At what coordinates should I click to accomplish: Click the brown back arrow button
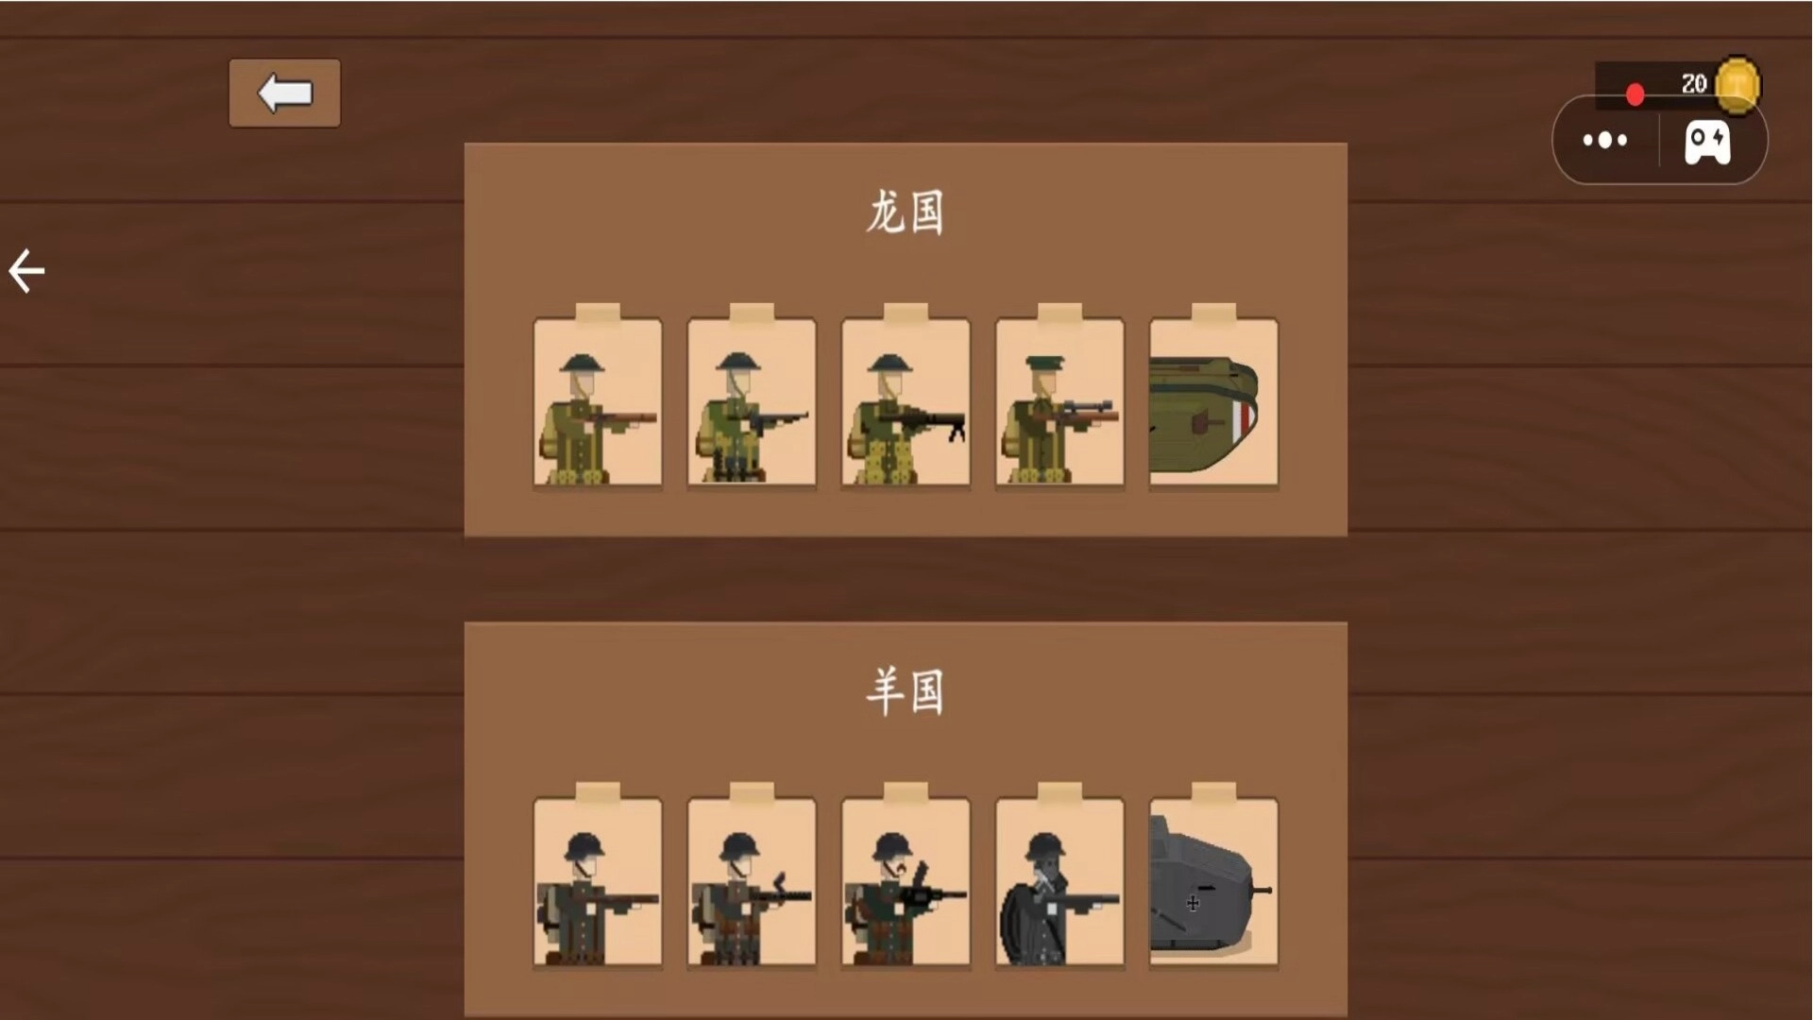(x=284, y=93)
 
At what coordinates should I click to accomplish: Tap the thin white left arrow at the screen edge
(x=26, y=271)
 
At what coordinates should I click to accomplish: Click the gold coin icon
(x=1737, y=84)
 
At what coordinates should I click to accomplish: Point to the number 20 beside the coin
(x=1694, y=84)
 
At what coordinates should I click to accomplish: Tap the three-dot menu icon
(x=1605, y=141)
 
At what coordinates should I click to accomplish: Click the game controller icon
(x=1708, y=142)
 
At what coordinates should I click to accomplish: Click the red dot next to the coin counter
(x=1635, y=94)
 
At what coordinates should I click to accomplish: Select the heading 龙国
(x=906, y=212)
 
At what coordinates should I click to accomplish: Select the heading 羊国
(x=906, y=691)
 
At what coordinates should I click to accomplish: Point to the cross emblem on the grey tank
(x=1193, y=904)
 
